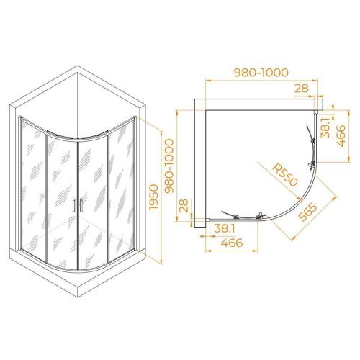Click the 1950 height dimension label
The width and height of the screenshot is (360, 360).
tap(154, 197)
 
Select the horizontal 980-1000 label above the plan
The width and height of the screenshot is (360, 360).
tap(261, 73)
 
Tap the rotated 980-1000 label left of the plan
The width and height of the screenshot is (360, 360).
tap(169, 166)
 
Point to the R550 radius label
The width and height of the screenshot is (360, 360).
tap(285, 175)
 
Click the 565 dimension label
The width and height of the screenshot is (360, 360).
tap(307, 212)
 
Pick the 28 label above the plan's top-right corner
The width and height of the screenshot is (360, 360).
tap(302, 89)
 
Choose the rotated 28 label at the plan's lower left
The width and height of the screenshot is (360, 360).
tap(184, 206)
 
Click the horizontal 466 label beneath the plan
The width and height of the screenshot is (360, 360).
tap(232, 243)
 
